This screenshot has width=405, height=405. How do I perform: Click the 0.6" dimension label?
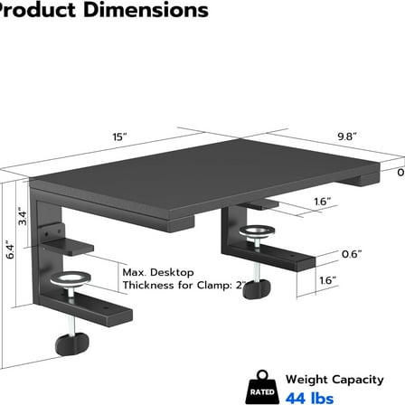[353, 253]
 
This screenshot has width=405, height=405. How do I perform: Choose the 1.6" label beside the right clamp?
[353, 281]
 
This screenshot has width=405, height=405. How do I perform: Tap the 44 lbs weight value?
[310, 397]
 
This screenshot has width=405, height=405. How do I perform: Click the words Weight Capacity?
[331, 380]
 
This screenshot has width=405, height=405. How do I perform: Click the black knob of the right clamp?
[262, 290]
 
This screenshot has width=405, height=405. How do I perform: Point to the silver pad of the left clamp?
[70, 278]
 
